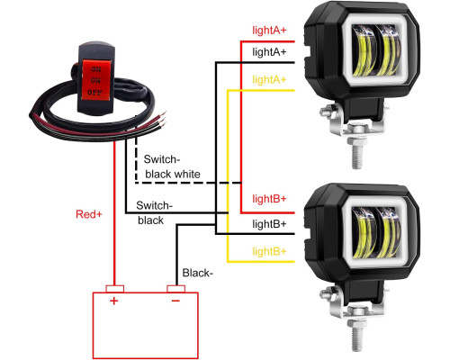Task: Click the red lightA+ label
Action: click(x=269, y=31)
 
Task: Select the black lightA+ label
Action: click(x=269, y=52)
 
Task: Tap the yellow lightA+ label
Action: click(x=269, y=80)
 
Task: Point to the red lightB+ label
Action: click(x=269, y=199)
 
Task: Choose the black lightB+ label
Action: click(x=269, y=224)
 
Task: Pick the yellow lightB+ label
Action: click(x=269, y=251)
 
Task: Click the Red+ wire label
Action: click(x=89, y=214)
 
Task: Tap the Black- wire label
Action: click(x=198, y=273)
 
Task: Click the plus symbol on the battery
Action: click(x=113, y=301)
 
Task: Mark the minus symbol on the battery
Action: click(x=175, y=301)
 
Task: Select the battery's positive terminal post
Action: click(x=115, y=289)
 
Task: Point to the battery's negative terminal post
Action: click(x=175, y=289)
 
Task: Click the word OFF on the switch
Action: click(x=94, y=92)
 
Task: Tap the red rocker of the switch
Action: click(x=96, y=79)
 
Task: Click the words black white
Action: click(x=173, y=175)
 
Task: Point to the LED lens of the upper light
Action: click(x=376, y=50)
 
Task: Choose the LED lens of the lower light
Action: click(x=376, y=232)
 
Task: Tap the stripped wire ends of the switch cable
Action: click(x=162, y=120)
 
